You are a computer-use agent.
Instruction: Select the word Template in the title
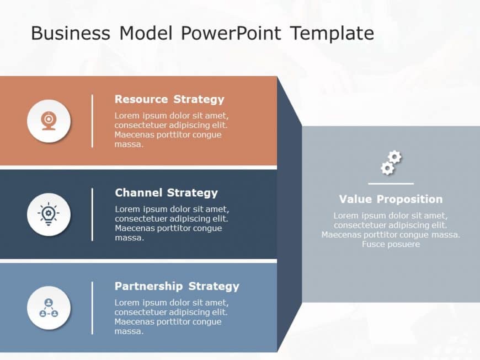click(332, 33)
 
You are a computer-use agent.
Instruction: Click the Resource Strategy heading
click(169, 99)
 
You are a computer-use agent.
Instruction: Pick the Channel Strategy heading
click(166, 193)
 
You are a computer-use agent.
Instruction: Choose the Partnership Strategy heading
click(177, 286)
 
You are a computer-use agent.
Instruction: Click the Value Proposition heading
click(391, 199)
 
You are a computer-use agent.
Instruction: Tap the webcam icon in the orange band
click(49, 121)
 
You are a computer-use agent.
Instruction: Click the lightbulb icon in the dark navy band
click(49, 214)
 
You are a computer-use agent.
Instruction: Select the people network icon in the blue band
click(49, 308)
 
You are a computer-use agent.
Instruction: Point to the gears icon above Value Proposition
click(391, 163)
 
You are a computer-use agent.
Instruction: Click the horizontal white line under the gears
click(391, 184)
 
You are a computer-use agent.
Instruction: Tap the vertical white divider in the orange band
click(92, 121)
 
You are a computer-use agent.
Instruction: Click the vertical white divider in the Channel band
click(92, 214)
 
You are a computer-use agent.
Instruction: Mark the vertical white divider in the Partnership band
click(92, 308)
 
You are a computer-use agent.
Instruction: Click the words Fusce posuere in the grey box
click(391, 244)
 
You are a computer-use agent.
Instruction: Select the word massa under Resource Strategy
click(129, 144)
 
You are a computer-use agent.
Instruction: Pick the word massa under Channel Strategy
click(129, 238)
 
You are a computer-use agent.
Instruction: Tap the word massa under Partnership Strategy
click(129, 331)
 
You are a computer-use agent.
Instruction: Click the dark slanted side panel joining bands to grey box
click(289, 215)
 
